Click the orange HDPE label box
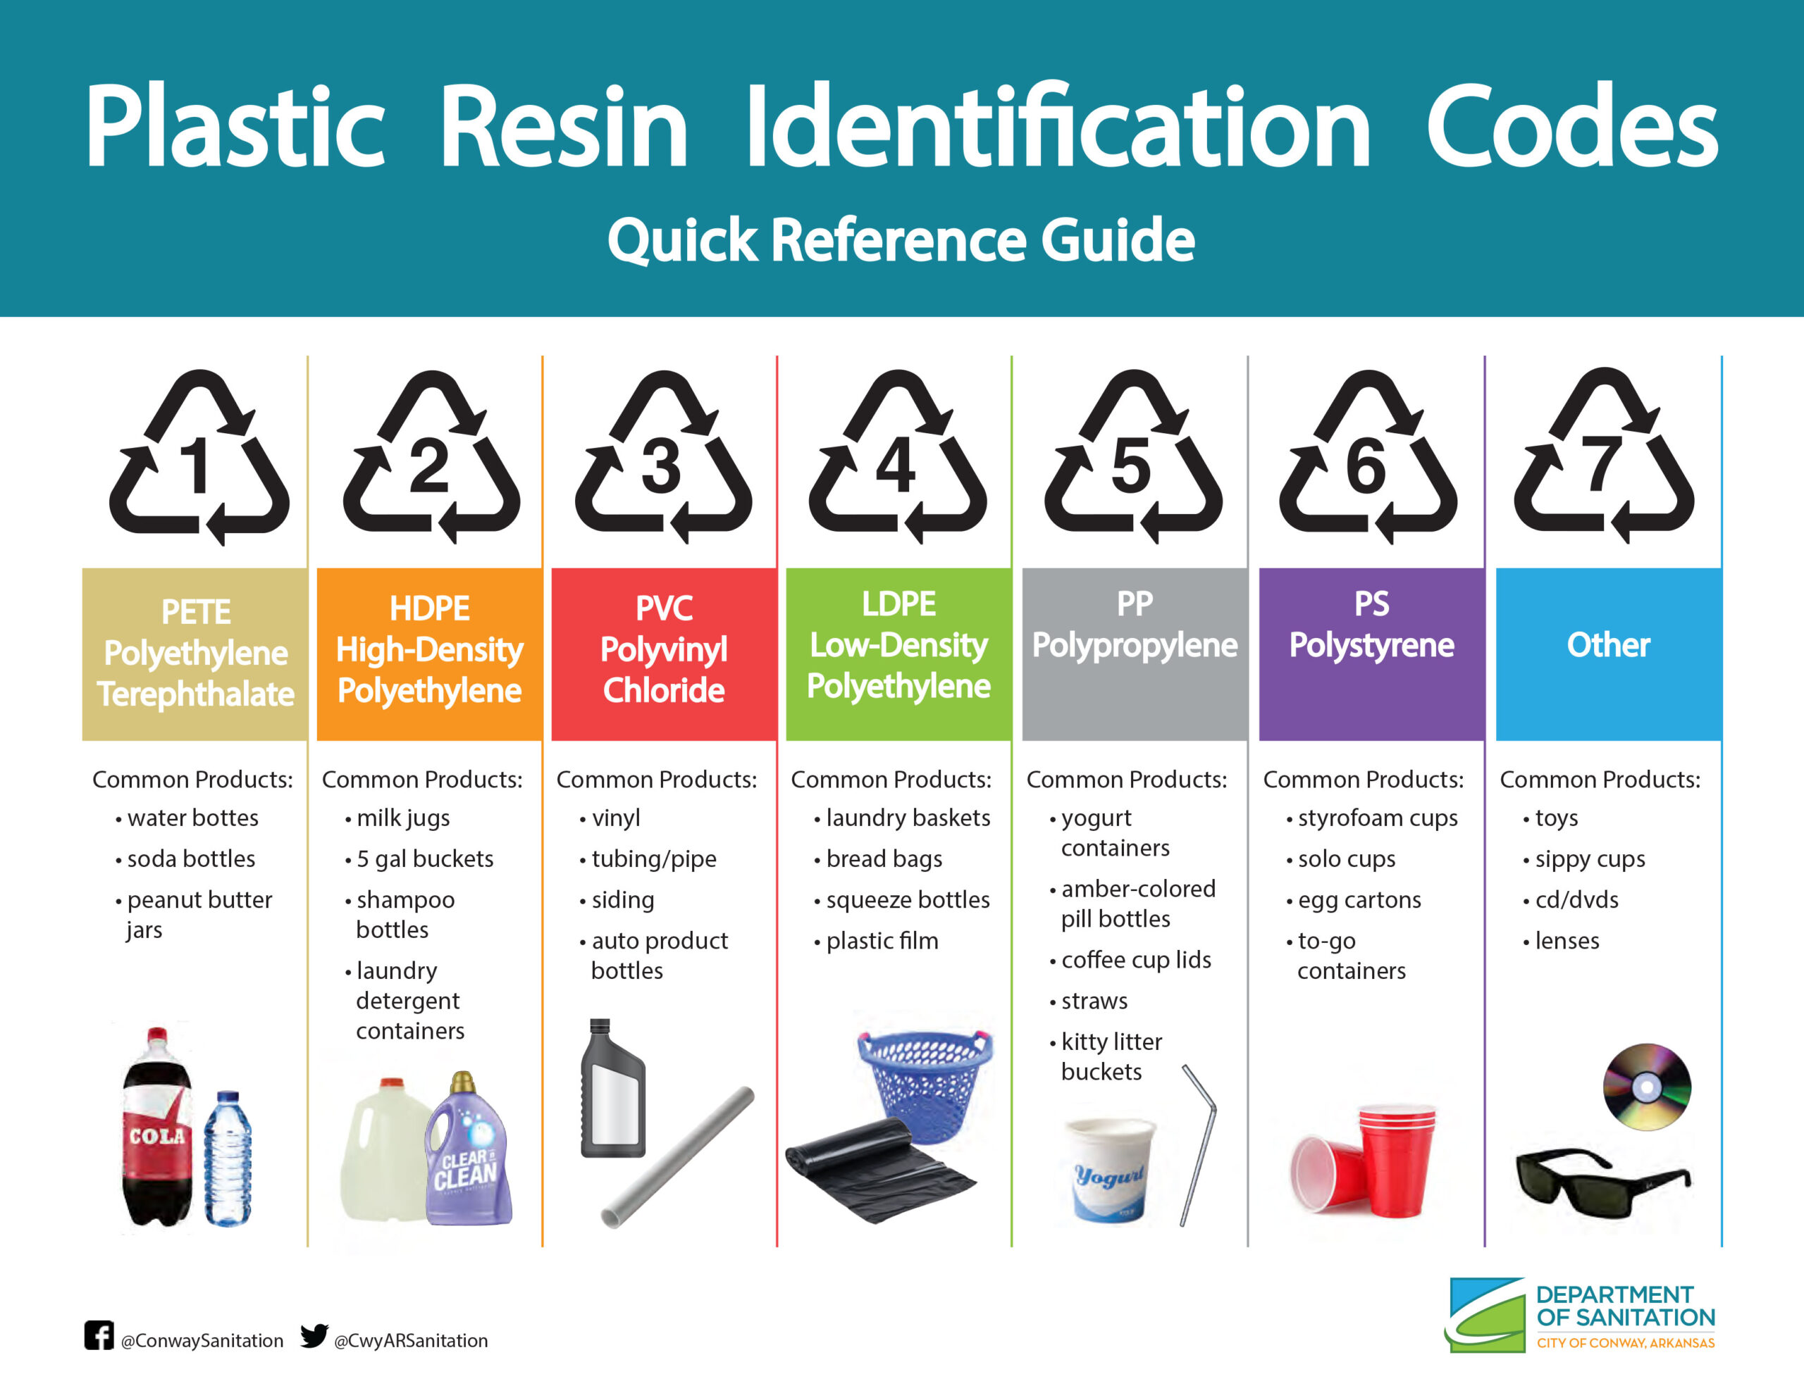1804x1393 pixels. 430,654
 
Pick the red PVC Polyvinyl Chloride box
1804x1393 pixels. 664,654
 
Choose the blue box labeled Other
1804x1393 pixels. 1609,654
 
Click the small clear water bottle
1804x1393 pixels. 228,1158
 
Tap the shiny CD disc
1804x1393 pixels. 1647,1087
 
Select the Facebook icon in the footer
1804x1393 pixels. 99,1335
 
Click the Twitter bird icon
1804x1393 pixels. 314,1335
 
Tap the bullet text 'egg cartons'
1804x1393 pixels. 1359,900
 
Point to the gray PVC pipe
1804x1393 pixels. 678,1158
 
